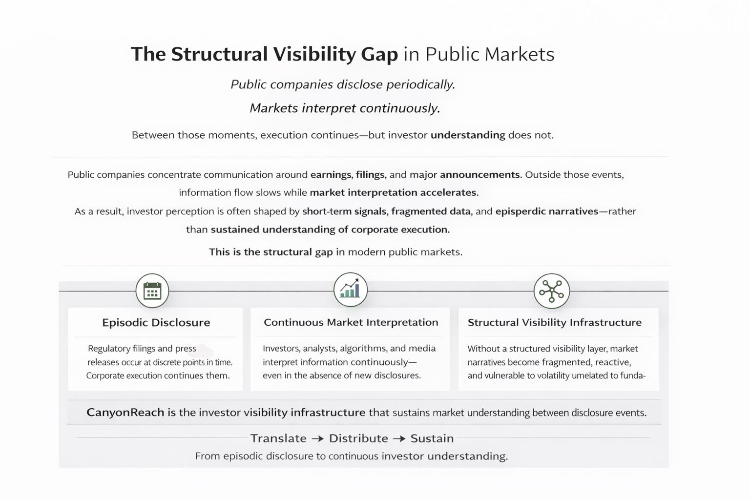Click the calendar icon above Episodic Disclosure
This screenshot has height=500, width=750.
(152, 291)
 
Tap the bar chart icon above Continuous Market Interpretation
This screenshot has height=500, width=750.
(351, 290)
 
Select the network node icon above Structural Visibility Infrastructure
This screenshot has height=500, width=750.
(552, 291)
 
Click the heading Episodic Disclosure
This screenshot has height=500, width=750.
(156, 322)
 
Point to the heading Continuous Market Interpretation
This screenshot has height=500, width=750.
(351, 322)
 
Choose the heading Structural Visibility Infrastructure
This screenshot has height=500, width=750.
(554, 322)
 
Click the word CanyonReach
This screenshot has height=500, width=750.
(125, 412)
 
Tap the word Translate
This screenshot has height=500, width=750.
(278, 438)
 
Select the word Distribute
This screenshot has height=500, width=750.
(358, 438)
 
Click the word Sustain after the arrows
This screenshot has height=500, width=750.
(432, 438)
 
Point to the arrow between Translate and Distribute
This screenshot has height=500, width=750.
(317, 438)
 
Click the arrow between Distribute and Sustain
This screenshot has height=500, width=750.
(399, 438)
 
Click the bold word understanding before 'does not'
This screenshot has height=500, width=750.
(467, 135)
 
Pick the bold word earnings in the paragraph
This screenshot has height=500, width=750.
(331, 175)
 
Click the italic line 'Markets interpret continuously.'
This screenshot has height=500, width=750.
(345, 108)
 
